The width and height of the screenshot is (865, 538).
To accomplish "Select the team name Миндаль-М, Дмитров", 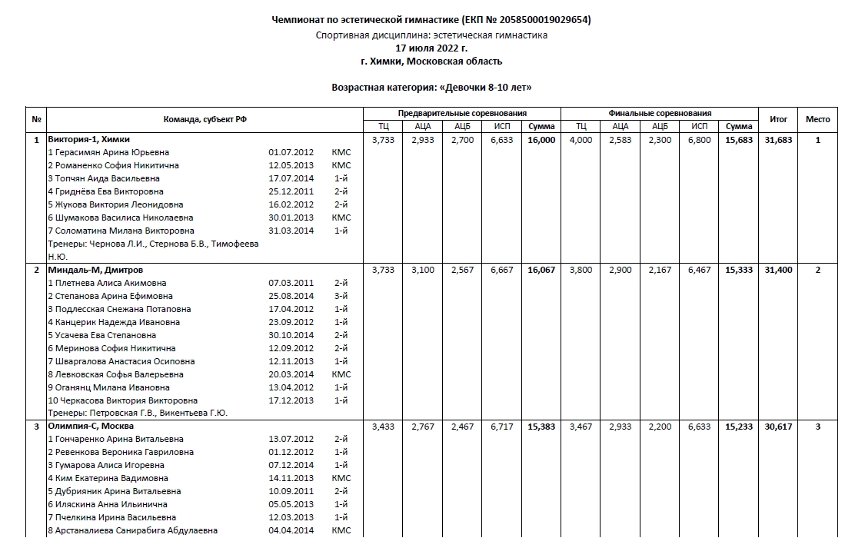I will point(95,271).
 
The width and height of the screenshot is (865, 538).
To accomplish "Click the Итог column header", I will point(778,119).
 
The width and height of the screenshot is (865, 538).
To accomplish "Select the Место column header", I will point(817,119).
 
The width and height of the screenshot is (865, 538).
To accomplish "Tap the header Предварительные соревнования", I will point(462,113).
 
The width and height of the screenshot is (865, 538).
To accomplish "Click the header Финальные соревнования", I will point(660,113).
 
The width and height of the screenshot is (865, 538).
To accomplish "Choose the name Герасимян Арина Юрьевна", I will point(111,153).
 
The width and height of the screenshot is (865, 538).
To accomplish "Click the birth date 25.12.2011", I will point(291,192).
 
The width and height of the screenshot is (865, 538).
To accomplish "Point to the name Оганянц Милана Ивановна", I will point(112,388).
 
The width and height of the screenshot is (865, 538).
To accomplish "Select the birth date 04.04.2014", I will point(291,531).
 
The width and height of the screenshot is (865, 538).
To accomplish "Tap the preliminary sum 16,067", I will point(541,271).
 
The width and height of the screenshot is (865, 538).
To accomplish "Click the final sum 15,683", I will point(738,140).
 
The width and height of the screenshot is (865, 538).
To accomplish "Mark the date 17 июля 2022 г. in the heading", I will point(431,48).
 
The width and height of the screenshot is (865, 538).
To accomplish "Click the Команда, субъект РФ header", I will point(205,119).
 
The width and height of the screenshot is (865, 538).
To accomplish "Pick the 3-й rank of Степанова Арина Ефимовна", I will point(341,297).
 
